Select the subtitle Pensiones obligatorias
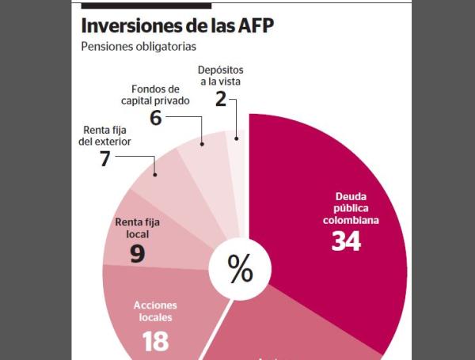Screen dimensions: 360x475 click(138, 47)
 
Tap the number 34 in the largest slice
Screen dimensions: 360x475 click(346, 241)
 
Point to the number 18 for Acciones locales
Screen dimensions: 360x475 click(156, 341)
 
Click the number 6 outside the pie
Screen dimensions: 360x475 click(157, 116)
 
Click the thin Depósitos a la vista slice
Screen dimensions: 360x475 click(238, 158)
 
